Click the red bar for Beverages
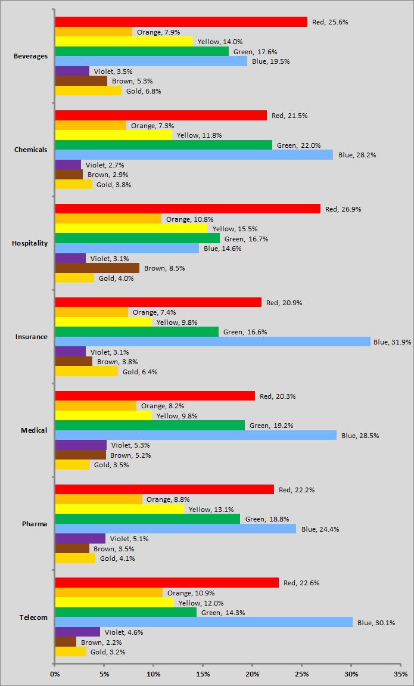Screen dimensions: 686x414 click(181, 22)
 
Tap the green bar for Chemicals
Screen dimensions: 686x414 click(163, 145)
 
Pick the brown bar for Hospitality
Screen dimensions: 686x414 click(97, 268)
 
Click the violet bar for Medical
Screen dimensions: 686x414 click(80, 445)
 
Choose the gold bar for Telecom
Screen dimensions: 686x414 click(70, 652)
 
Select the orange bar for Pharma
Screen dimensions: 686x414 click(98, 499)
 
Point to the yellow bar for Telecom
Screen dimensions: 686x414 click(114, 603)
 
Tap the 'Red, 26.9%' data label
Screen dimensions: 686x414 click(343, 209)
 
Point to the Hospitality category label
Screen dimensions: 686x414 click(30, 243)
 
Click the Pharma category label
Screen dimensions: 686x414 click(35, 524)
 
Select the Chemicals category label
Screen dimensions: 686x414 click(30, 150)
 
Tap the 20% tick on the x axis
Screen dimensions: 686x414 click(252, 674)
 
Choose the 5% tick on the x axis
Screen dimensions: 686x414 click(104, 674)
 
